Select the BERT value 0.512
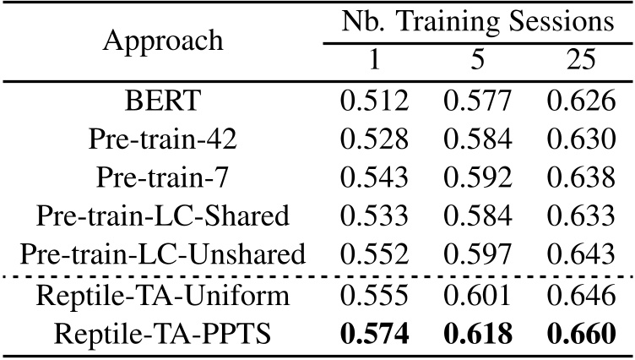(x=374, y=101)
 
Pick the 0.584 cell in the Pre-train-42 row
(x=478, y=139)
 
